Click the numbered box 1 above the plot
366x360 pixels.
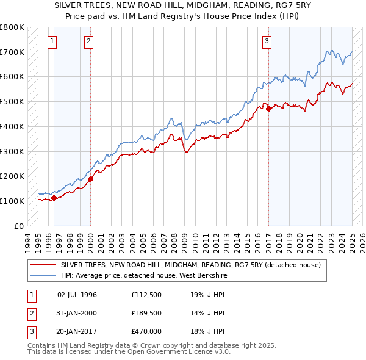click(x=52, y=41)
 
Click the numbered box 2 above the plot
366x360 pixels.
click(x=89, y=41)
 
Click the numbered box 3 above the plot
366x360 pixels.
click(x=267, y=41)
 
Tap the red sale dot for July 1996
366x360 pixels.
click(x=54, y=198)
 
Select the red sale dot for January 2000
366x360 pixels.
click(x=90, y=179)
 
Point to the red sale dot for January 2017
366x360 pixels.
click(x=268, y=109)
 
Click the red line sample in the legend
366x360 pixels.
click(x=43, y=265)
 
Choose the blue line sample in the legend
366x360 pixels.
click(x=43, y=275)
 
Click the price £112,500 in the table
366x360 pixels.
click(x=147, y=294)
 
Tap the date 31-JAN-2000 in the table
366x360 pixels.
click(x=77, y=313)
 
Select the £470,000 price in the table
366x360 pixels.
click(x=147, y=331)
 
